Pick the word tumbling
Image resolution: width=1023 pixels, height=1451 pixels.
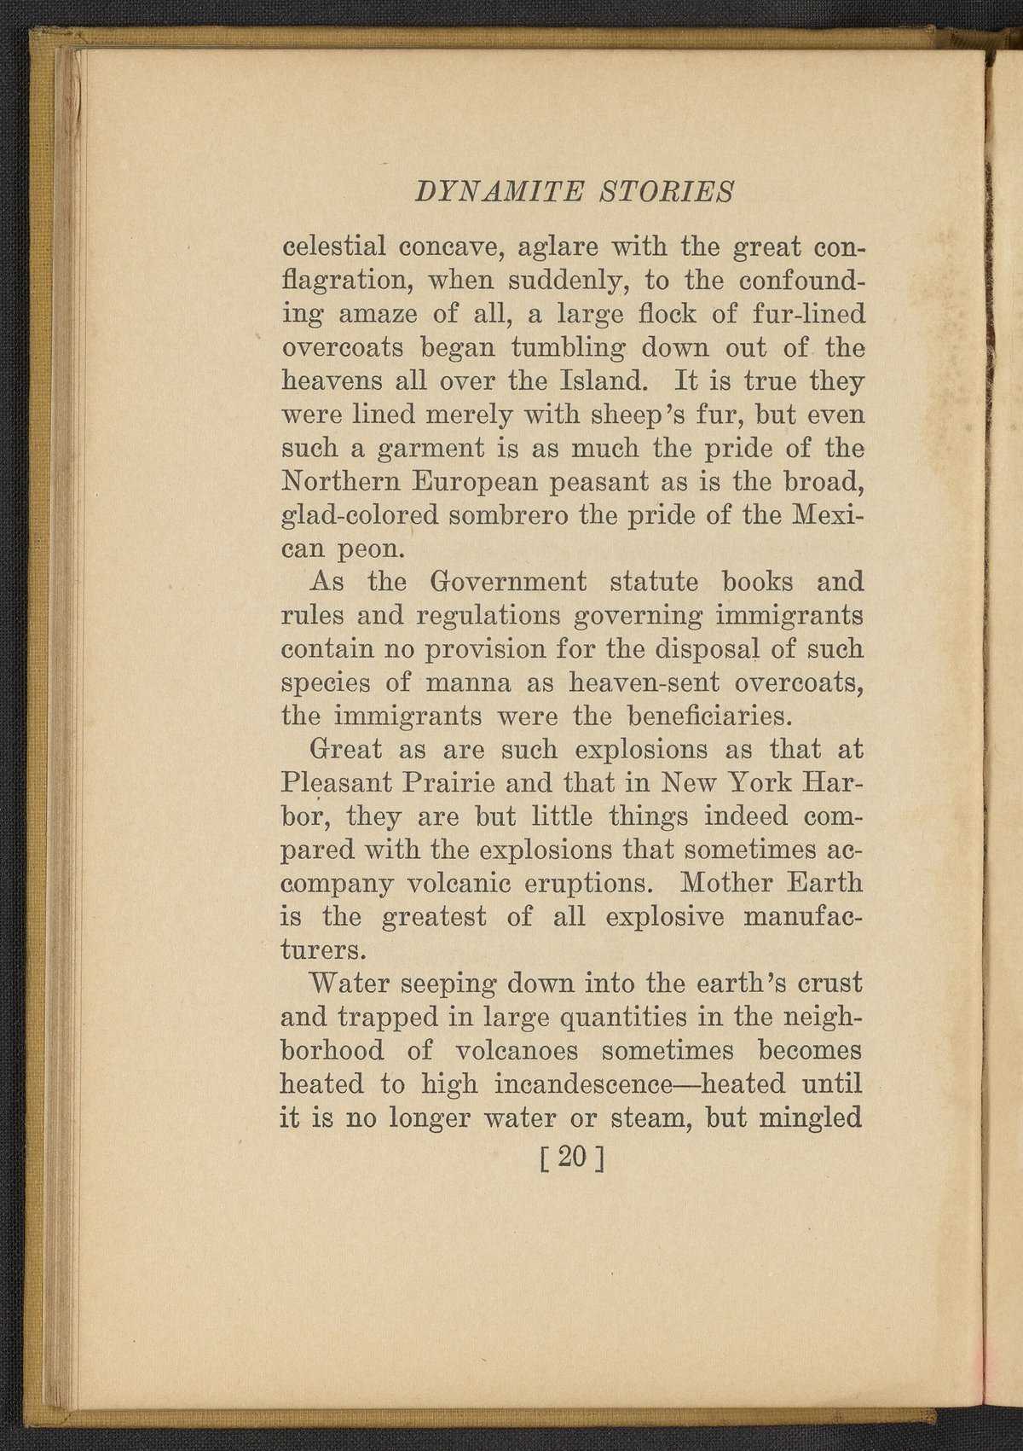click(x=568, y=349)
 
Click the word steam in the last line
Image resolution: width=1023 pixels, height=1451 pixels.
click(x=644, y=1117)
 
